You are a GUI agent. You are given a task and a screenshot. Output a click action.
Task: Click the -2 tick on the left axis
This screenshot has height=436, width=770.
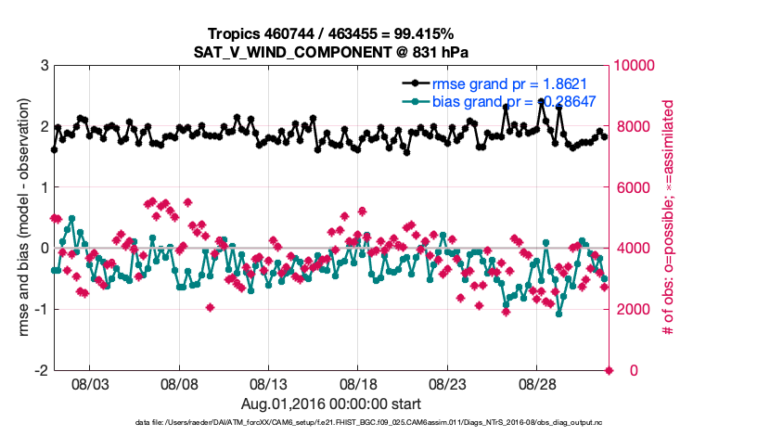(x=42, y=370)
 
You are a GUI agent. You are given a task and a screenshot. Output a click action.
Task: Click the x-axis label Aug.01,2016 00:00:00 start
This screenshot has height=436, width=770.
(x=331, y=404)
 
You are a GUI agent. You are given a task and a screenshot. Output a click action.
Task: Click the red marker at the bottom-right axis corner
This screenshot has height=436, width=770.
(x=610, y=370)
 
